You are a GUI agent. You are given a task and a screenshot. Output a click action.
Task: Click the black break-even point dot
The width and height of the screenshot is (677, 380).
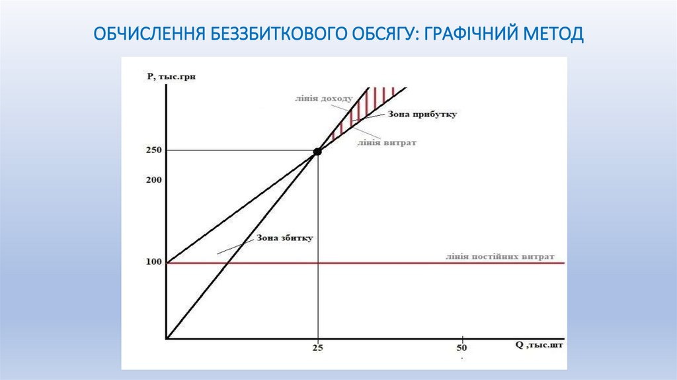click(317, 151)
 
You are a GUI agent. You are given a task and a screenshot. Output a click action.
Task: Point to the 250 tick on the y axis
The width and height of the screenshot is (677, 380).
click(154, 150)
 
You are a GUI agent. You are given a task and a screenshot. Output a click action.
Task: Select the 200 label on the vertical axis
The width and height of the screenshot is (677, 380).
click(154, 179)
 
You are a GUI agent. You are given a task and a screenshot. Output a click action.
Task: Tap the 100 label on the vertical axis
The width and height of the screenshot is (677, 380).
click(154, 262)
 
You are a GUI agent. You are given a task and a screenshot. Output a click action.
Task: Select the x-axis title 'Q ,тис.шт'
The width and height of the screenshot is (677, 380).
click(540, 345)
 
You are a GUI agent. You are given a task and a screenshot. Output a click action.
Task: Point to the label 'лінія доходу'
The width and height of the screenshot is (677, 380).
click(319, 99)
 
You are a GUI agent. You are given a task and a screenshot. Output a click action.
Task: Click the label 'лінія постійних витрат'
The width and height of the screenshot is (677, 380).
click(500, 256)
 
